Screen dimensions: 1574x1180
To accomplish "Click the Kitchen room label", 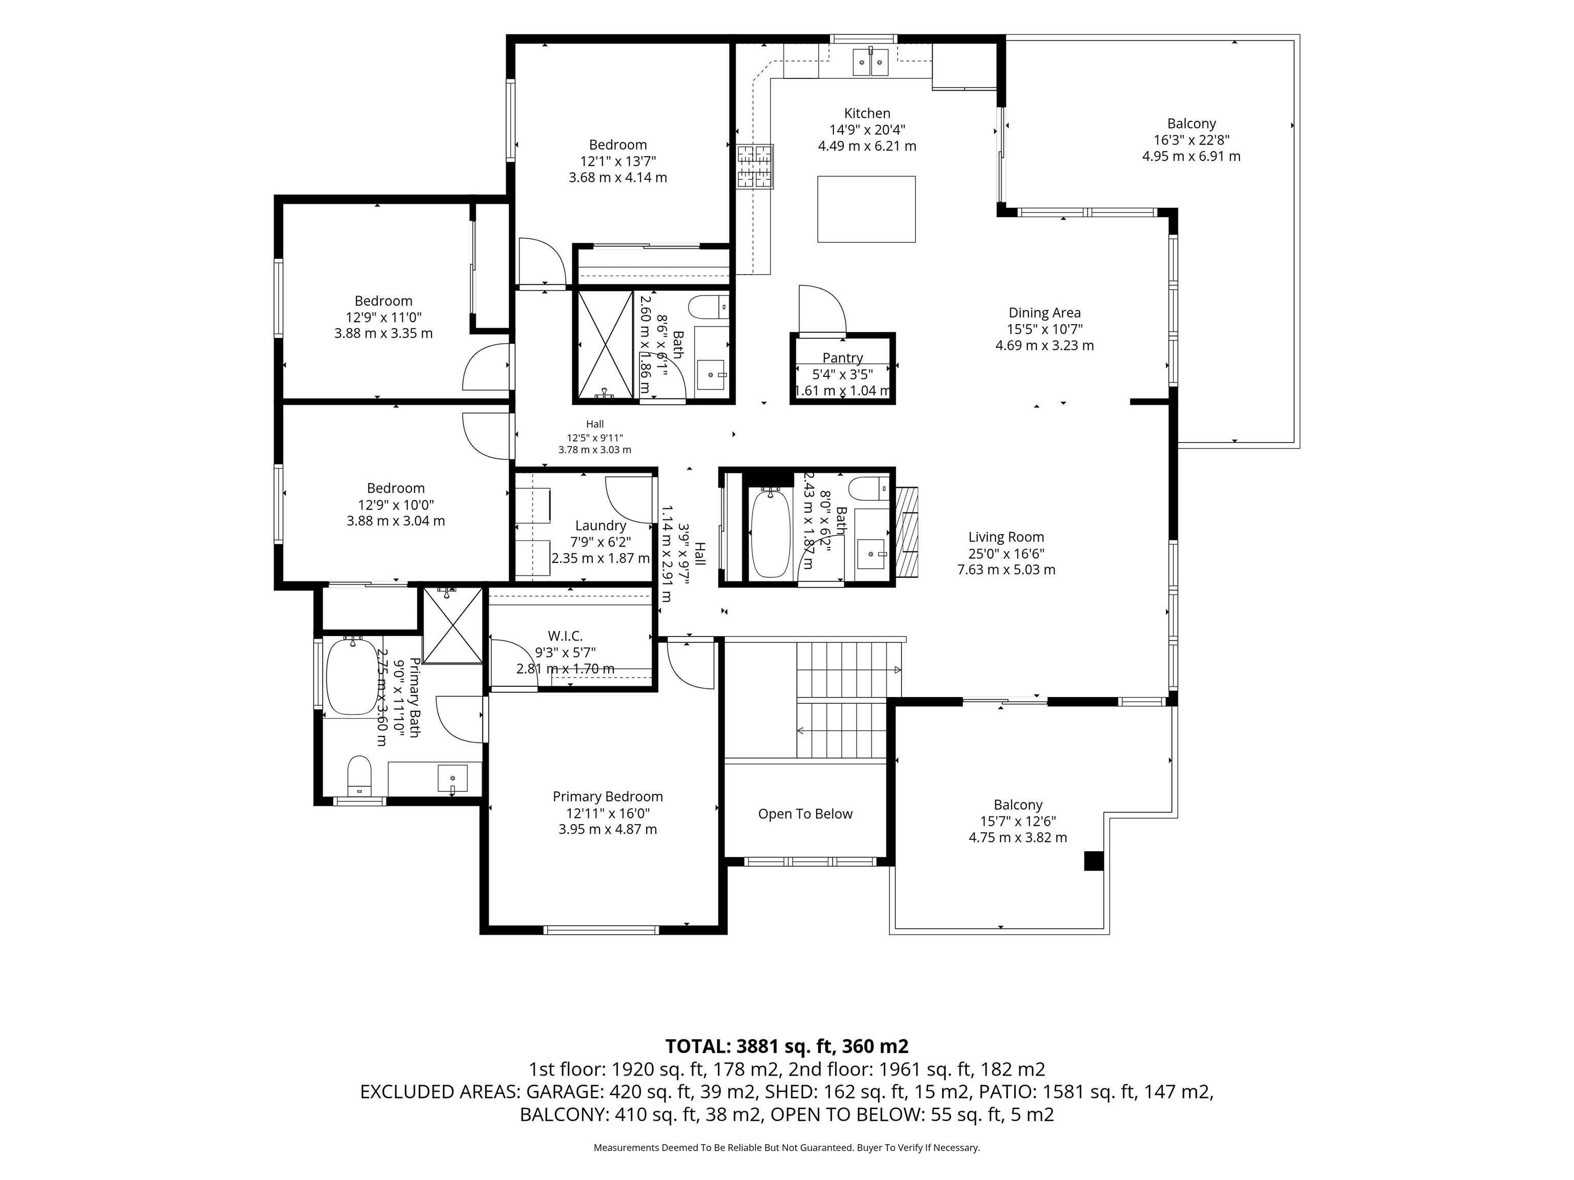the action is coord(867,113).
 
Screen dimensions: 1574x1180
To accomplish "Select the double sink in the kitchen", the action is coord(871,62).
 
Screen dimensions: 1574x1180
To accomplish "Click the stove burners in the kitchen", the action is coord(755,166).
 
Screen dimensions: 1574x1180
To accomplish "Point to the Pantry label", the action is coord(842,358).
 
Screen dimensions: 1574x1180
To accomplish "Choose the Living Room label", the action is coord(1006,537).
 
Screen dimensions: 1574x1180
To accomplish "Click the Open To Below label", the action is coord(805,814).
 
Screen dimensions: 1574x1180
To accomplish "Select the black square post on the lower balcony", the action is coord(1093,861).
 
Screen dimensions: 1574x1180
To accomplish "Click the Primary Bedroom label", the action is coord(608,796).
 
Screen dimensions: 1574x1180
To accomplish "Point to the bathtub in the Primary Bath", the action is coord(351,676).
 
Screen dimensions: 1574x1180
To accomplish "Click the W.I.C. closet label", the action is coord(565,636).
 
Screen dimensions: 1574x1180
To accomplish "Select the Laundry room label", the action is coord(600,525).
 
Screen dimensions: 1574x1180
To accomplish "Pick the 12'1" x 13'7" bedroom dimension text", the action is coord(617,161).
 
